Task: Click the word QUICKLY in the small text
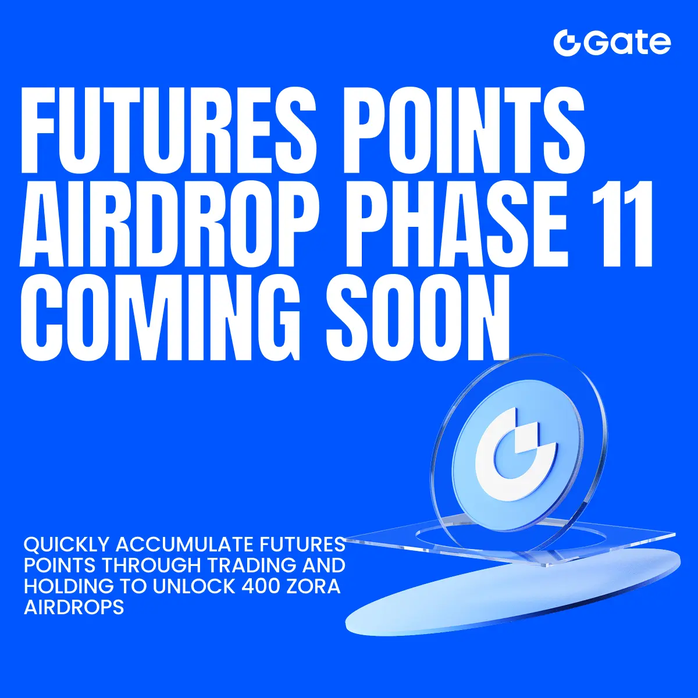click(66, 545)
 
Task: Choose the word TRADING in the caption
click(252, 565)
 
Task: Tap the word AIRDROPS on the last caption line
click(74, 607)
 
